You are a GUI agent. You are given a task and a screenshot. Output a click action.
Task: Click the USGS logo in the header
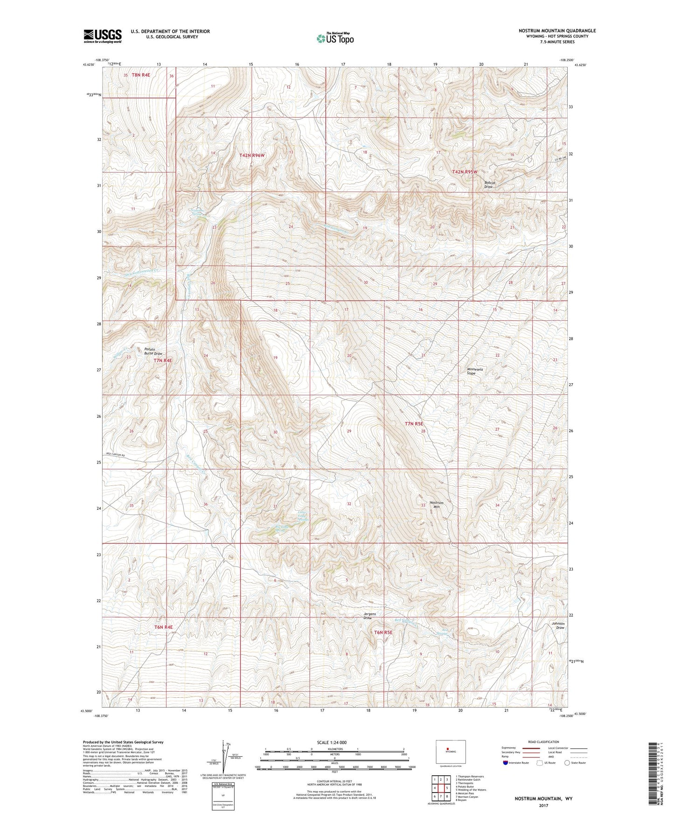[x=103, y=35]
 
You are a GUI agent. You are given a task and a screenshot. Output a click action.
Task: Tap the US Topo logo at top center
[x=335, y=38]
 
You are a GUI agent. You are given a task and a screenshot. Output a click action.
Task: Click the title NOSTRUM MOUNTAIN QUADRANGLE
[x=557, y=31]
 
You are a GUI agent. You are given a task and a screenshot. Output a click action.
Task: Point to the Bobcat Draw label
[x=489, y=184]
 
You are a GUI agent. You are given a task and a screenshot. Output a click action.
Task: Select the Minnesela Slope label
[x=475, y=371]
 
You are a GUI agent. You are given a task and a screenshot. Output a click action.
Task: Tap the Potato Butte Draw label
[x=153, y=351]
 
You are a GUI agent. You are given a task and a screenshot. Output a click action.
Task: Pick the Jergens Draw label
[x=369, y=616]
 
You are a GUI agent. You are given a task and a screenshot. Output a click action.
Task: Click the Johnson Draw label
[x=557, y=625]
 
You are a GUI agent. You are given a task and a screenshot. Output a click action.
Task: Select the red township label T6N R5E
[x=383, y=632]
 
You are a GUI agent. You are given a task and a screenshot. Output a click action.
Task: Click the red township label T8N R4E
[x=141, y=75]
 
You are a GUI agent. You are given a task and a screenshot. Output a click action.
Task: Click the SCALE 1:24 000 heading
[x=332, y=743]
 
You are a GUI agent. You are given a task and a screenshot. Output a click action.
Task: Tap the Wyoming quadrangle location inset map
[x=450, y=752]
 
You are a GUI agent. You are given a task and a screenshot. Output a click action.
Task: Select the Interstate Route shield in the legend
[x=506, y=763]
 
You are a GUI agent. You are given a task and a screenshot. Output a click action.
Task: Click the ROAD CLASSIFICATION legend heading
[x=543, y=742]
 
